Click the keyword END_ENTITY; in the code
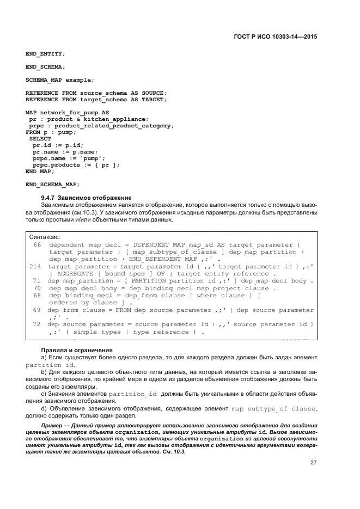tap(45, 54)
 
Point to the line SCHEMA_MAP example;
tap(56, 80)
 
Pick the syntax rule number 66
tap(38, 246)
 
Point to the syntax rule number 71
tap(38, 281)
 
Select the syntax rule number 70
tap(38, 288)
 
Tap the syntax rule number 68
tap(38, 295)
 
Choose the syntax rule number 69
tap(38, 310)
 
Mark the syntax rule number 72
tap(38, 324)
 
